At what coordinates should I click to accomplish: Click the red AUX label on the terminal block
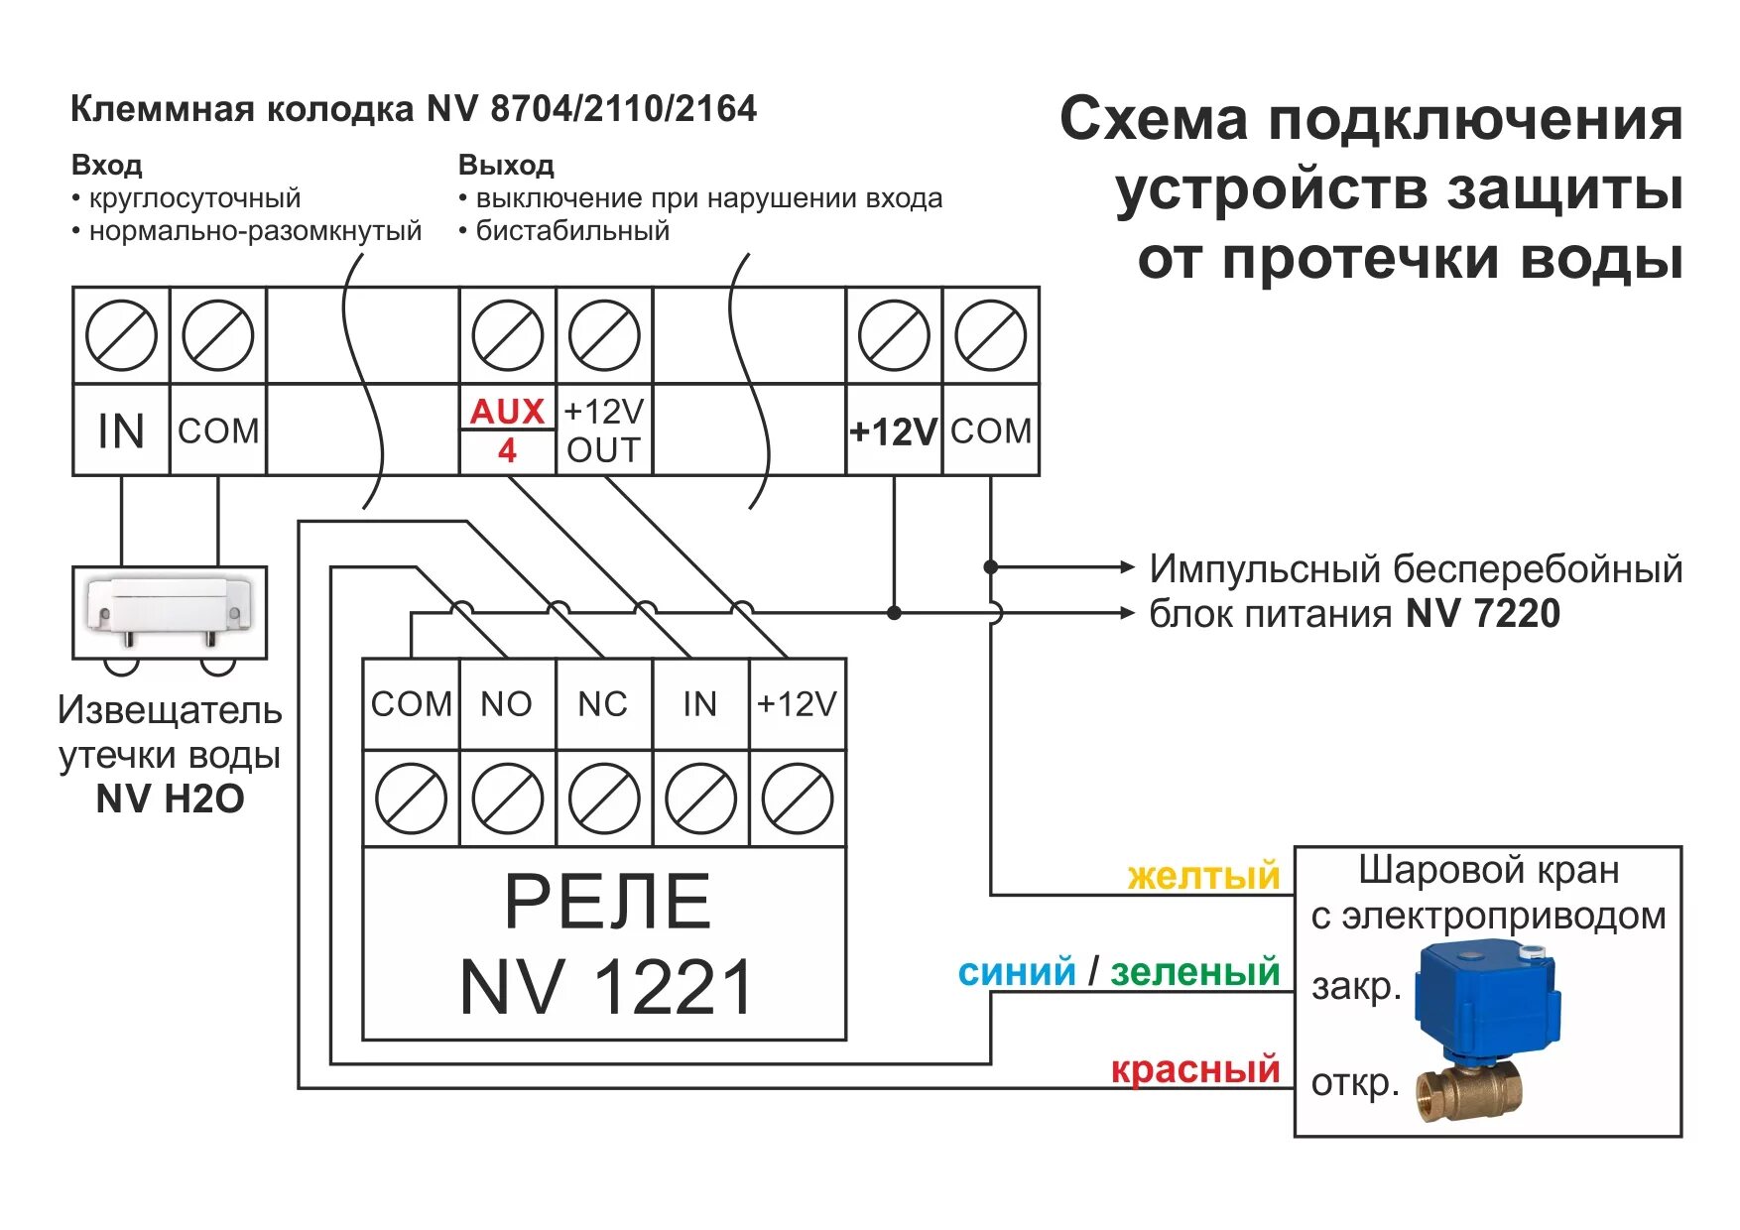pyautogui.click(x=507, y=411)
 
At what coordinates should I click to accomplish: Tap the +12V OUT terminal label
pyautogui.click(x=603, y=430)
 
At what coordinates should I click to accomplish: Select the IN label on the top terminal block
pyautogui.click(x=121, y=430)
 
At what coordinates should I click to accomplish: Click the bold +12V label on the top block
pyautogui.click(x=893, y=431)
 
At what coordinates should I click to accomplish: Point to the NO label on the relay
pyautogui.click(x=507, y=704)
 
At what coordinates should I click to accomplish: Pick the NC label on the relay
pyautogui.click(x=603, y=704)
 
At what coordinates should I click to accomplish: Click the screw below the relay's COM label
pyautogui.click(x=411, y=799)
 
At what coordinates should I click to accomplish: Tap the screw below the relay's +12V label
pyautogui.click(x=798, y=799)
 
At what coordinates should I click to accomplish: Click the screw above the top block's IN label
pyautogui.click(x=121, y=335)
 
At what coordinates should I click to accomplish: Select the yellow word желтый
pyautogui.click(x=1203, y=876)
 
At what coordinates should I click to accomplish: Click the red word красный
pyautogui.click(x=1194, y=1069)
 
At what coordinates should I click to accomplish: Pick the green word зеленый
pyautogui.click(x=1194, y=972)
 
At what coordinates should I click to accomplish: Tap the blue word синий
pyautogui.click(x=1016, y=972)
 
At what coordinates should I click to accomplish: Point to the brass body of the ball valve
pyautogui.click(x=1468, y=1091)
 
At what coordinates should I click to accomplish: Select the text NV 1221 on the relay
pyautogui.click(x=605, y=988)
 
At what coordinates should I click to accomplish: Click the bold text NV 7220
pyautogui.click(x=1482, y=614)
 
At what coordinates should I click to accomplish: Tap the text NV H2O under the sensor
pyautogui.click(x=170, y=799)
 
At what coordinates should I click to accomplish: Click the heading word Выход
pyautogui.click(x=506, y=165)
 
